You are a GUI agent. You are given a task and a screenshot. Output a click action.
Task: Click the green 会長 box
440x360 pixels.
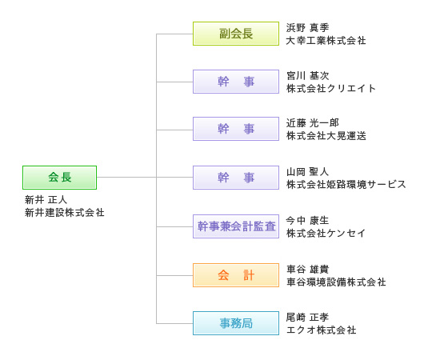pos(59,178)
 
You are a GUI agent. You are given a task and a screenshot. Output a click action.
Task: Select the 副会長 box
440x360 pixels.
pos(236,34)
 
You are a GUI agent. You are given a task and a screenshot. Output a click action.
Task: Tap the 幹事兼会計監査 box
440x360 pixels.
pos(236,226)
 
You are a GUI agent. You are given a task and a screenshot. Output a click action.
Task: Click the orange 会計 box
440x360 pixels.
pos(236,275)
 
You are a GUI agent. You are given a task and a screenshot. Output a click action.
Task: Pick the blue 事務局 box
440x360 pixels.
pos(236,323)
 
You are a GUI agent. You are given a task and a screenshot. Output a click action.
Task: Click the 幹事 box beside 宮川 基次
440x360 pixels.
pos(236,82)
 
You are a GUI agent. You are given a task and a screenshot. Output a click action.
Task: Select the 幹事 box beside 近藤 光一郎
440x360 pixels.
pos(236,129)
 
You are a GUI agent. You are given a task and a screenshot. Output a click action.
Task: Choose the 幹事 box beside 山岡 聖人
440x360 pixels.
pos(236,178)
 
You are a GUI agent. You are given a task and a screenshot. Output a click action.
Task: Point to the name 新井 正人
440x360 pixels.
pos(46,200)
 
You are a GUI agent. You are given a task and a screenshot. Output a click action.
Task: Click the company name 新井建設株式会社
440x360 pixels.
pos(65,213)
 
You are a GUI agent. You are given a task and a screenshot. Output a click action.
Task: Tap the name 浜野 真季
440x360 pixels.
pos(307,27)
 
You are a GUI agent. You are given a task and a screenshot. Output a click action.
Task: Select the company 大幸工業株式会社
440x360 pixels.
pos(326,41)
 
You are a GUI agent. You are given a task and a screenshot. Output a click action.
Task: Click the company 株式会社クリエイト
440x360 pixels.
pos(331,88)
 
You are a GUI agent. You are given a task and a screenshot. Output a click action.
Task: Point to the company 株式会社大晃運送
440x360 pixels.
pos(326,136)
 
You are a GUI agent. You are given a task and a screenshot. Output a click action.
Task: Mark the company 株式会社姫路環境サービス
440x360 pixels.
pos(346,184)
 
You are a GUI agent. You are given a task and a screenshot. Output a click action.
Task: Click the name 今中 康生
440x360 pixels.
pos(307,221)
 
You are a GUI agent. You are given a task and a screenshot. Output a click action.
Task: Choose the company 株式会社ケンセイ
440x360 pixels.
pos(326,233)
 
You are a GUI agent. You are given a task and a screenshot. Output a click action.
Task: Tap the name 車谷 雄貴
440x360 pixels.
pos(307,270)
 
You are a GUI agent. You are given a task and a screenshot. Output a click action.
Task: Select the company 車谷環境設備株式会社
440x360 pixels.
pos(336,282)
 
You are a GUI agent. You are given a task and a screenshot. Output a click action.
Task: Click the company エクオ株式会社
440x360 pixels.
pos(322,330)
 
